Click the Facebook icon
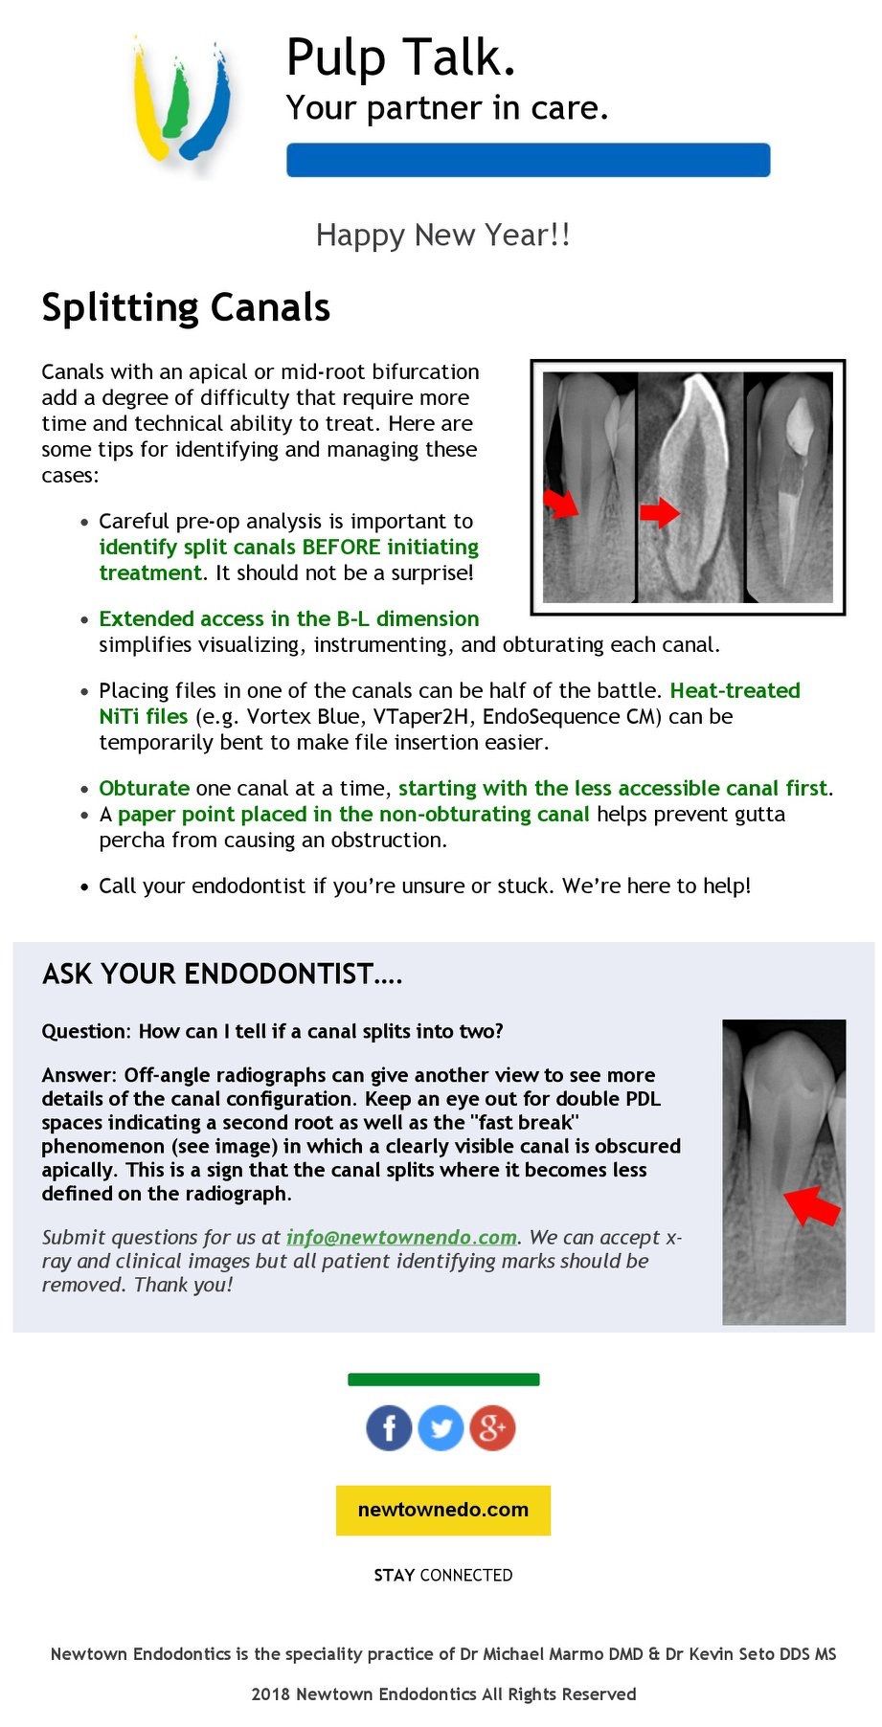pos(389,1428)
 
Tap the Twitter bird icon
pos(441,1428)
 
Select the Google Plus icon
pos(492,1428)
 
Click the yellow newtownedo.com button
pos(442,1510)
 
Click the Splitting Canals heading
pos(186,307)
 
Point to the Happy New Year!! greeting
pos(442,235)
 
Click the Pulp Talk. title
pos(401,57)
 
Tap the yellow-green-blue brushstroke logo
pos(180,101)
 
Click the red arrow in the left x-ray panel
pos(561,502)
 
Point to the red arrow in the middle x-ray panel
pos(659,513)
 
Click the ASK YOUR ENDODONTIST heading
pos(222,975)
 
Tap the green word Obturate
pos(144,788)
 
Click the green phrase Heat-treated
pos(735,690)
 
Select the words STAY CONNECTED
pos(442,1575)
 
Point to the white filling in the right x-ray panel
pos(799,421)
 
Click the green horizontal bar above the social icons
pos(442,1379)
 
